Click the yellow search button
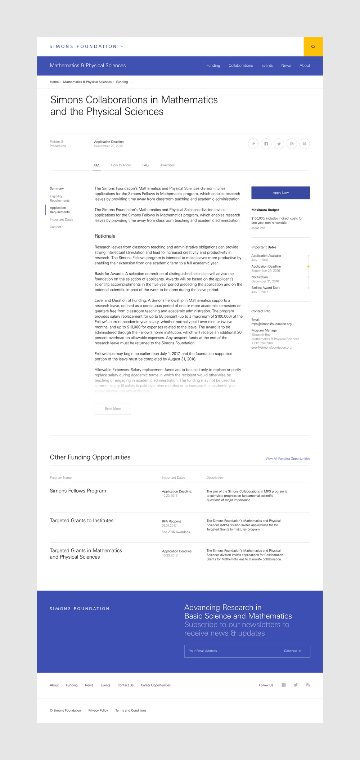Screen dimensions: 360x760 313,46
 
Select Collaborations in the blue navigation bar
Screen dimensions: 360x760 240,66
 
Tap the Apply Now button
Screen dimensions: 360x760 280,193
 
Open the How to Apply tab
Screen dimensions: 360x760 121,165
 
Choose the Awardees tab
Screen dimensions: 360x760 167,165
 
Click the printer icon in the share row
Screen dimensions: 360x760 304,144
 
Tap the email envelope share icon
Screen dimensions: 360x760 292,144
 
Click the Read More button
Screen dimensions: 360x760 113,409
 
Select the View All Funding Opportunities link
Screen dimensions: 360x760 288,459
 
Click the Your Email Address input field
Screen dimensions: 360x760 229,651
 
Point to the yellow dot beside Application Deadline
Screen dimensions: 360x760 309,267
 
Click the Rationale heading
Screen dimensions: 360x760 105,236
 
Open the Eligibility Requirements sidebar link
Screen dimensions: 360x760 60,198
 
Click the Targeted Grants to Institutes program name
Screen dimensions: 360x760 82,520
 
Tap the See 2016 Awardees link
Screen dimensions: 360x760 176,532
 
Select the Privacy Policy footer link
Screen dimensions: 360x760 98,710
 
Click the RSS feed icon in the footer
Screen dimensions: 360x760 308,685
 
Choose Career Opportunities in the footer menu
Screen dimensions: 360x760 156,685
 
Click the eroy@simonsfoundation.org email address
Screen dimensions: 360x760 271,348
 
